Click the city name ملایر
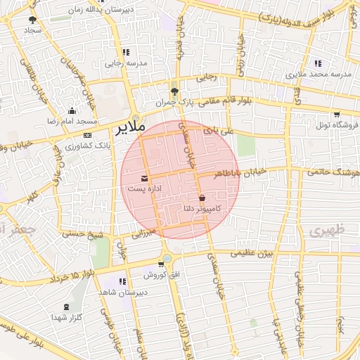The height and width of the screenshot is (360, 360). click(128, 127)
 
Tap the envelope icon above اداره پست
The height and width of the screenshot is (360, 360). click(145, 179)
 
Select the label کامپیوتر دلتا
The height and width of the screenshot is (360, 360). click(202, 208)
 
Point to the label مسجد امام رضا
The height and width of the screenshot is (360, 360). click(71, 122)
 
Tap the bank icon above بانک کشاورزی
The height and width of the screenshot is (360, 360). click(86, 135)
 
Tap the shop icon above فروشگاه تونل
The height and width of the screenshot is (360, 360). click(336, 114)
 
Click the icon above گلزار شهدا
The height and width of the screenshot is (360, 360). click(67, 307)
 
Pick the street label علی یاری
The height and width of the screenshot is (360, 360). click(217, 131)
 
